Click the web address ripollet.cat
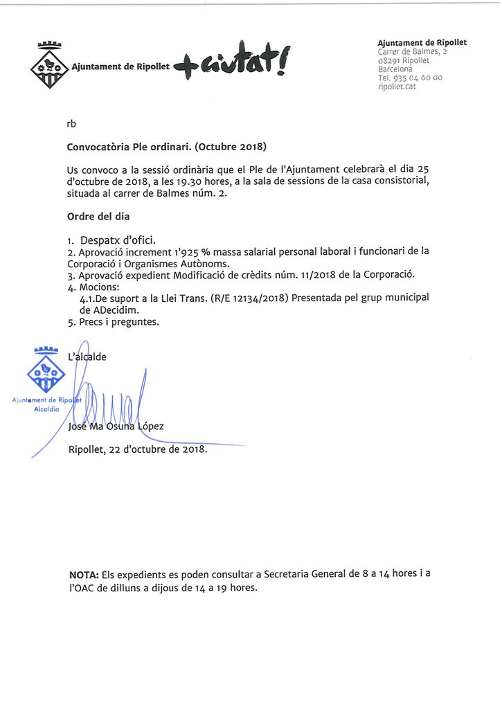[397, 87]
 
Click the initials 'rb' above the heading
[71, 124]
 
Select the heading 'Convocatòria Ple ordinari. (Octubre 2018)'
[167, 147]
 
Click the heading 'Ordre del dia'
[98, 216]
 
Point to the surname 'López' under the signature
[151, 427]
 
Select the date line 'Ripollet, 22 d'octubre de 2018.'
[138, 449]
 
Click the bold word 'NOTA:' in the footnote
[84, 575]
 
